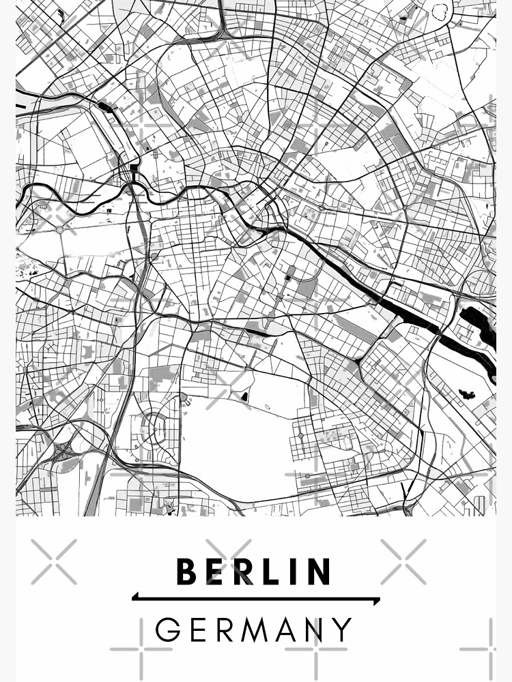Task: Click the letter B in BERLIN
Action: [x=188, y=572]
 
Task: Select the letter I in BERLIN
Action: [x=292, y=572]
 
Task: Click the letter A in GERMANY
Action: [x=284, y=629]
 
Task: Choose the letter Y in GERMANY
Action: [x=342, y=629]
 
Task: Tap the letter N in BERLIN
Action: [x=319, y=572]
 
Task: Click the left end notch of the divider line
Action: [x=134, y=597]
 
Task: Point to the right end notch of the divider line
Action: [x=378, y=601]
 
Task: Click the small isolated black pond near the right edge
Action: [x=468, y=394]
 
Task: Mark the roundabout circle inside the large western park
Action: [x=60, y=230]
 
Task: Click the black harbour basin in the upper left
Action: [x=104, y=106]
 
